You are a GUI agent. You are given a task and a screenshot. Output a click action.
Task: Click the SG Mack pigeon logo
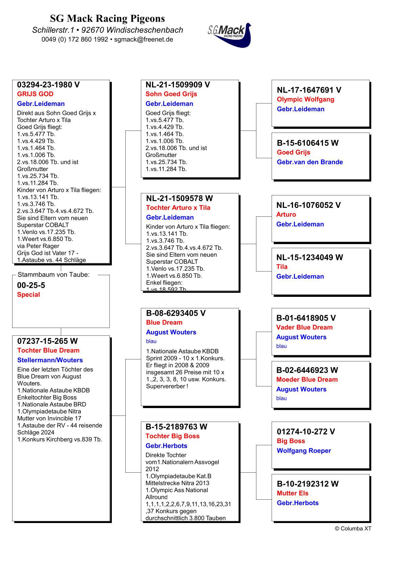coord(230,34)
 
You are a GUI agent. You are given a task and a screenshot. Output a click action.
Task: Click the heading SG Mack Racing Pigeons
coord(107,18)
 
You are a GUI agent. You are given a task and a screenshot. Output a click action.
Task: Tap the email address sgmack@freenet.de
coord(144,39)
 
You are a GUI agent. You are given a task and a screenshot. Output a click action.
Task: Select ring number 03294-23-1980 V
coord(48,85)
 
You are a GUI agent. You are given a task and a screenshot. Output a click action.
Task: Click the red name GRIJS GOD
coord(35,94)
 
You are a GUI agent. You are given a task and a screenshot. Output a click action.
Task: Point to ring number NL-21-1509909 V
coord(178,85)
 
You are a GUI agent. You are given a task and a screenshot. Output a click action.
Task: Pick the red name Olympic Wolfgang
coord(305,99)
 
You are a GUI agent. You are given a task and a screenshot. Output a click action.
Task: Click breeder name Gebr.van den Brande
coord(310,162)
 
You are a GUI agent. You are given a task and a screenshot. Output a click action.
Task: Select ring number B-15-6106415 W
coord(307,143)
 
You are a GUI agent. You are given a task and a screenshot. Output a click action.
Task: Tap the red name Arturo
coord(286,214)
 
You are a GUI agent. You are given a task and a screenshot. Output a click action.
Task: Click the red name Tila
coord(282,267)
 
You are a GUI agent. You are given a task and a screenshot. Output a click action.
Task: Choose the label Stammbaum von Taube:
coord(53,275)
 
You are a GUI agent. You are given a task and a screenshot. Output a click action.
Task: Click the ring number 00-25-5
coord(31,285)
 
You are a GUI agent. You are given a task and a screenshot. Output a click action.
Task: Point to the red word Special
coord(28,294)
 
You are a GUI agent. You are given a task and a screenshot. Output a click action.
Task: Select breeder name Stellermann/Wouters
coord(50,360)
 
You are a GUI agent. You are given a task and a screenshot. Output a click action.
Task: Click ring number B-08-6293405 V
coord(176,313)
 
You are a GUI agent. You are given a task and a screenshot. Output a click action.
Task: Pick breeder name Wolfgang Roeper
coord(304,451)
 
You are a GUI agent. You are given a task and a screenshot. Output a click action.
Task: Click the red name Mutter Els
coord(293,493)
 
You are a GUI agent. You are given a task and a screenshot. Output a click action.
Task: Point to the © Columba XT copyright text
coord(353,528)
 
